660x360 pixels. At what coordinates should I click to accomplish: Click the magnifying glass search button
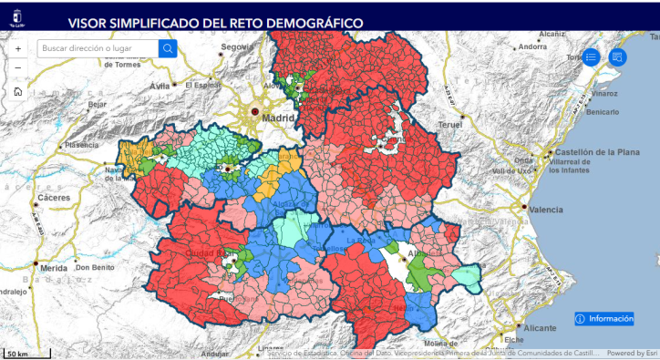pos(168,48)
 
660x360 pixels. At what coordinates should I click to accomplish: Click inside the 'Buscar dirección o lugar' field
pos(98,48)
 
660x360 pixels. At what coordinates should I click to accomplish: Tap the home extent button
pos(18,91)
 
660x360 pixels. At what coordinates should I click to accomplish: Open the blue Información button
pos(604,318)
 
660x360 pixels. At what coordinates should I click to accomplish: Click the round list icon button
pos(591,57)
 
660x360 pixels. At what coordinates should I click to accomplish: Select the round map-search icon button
pos(617,57)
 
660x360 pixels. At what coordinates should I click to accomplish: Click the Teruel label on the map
pos(451,123)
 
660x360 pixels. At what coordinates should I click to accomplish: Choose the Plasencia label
pos(81,145)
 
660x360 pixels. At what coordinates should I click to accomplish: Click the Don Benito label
pos(95,267)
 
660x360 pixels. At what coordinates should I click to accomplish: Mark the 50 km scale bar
pos(18,353)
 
